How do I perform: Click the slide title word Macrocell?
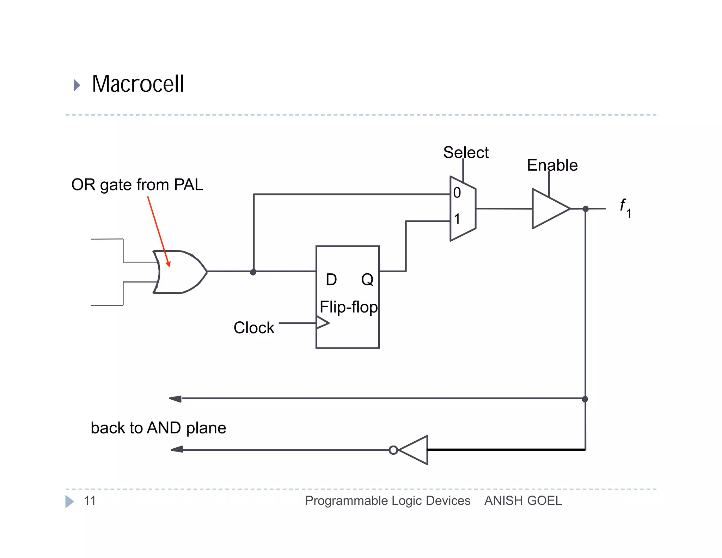click(138, 84)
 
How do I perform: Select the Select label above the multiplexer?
click(465, 152)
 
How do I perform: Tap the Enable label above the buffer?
click(552, 165)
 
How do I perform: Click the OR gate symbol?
click(180, 272)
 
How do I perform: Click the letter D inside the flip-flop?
click(331, 280)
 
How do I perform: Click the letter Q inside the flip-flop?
click(367, 280)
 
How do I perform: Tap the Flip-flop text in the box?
click(348, 307)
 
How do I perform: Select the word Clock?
click(253, 328)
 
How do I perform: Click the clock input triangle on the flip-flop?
click(322, 322)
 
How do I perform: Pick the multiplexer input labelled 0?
click(457, 193)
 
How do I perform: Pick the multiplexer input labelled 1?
click(457, 219)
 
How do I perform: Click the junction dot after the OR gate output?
click(253, 272)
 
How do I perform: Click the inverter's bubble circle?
click(393, 450)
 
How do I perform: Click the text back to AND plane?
click(158, 428)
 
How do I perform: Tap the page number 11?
click(90, 501)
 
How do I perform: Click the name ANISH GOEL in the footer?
click(523, 501)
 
